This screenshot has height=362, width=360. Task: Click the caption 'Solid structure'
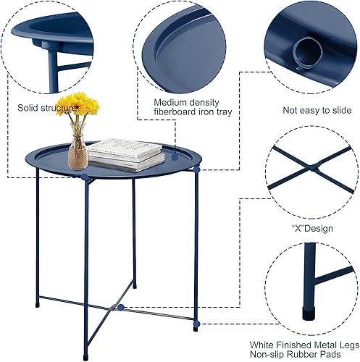tap(46, 108)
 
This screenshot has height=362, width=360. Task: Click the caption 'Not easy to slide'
tap(311, 110)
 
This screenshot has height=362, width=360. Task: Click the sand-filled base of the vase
tap(78, 159)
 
